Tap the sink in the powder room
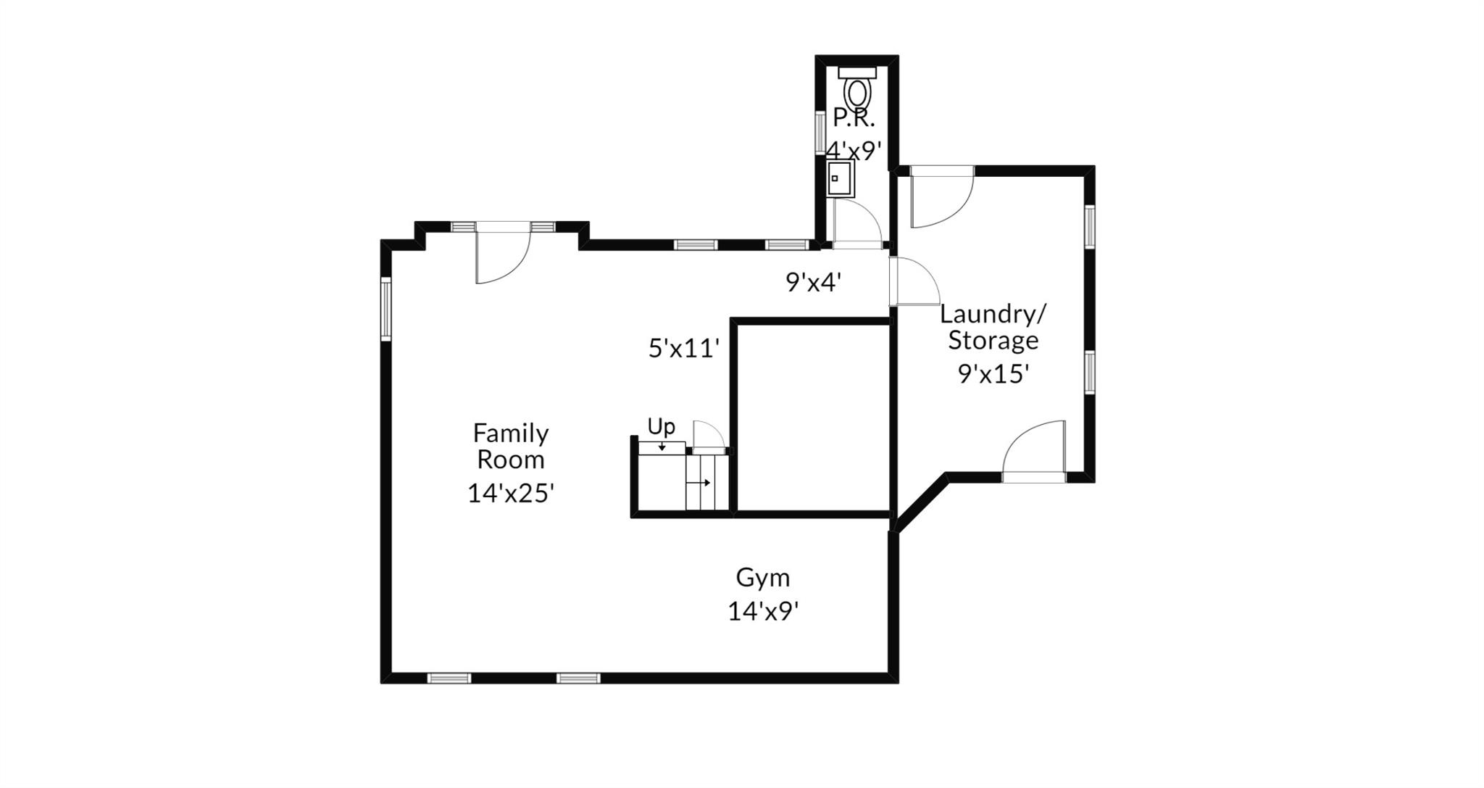[x=841, y=179]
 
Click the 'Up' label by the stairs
[x=661, y=427]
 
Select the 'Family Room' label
[x=511, y=446]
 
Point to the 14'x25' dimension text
[x=511, y=494]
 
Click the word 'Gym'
[x=763, y=578]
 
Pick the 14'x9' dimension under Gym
[x=763, y=612]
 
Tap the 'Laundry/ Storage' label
[x=993, y=327]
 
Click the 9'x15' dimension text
[x=993, y=374]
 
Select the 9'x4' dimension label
[x=814, y=283]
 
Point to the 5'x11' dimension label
[x=684, y=349]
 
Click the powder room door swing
[x=858, y=223]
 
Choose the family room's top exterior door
[x=504, y=254]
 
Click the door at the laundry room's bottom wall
[x=1034, y=451]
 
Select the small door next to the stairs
[x=709, y=437]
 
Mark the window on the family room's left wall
[x=386, y=309]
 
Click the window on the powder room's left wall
[x=820, y=132]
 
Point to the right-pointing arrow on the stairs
[x=699, y=483]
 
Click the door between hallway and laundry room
[x=914, y=281]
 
